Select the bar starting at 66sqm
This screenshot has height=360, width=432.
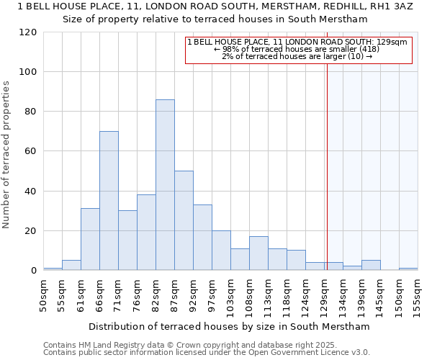point(109,201)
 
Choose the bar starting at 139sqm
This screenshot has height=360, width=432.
point(371,265)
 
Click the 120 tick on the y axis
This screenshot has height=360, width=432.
point(28,32)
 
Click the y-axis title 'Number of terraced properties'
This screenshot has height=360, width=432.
point(6,154)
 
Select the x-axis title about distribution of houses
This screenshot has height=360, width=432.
point(228,327)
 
